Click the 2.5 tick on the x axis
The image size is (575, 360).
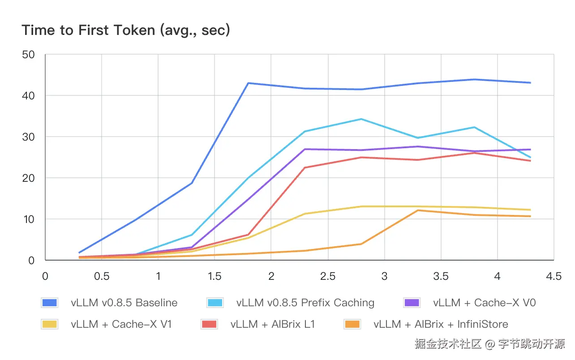(x=328, y=276)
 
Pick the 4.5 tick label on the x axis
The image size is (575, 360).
(x=554, y=276)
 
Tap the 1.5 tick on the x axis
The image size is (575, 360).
(x=215, y=276)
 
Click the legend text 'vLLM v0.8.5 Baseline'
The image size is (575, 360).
(x=124, y=303)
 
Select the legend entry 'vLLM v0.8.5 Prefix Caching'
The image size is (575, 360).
(x=305, y=303)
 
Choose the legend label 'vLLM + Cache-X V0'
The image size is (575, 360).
(x=485, y=303)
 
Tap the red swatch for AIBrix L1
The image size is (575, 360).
(x=209, y=324)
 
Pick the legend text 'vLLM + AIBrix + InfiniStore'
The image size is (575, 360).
(x=441, y=324)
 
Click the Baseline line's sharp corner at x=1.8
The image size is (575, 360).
(x=249, y=83)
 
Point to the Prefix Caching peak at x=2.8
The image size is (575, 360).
(x=361, y=119)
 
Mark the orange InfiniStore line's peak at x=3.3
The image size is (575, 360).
(x=418, y=210)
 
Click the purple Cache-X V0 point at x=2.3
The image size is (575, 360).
(x=305, y=149)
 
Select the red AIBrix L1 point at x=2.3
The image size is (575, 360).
(x=305, y=167)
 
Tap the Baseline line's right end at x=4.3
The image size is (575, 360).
(x=531, y=83)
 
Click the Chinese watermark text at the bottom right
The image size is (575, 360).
(x=489, y=344)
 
